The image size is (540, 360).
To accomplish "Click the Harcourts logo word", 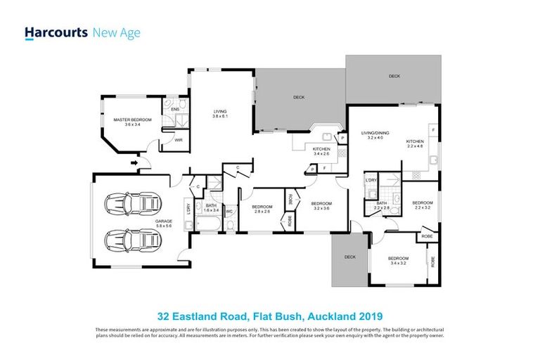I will point(56,32).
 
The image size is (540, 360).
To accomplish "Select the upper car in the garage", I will point(133,205).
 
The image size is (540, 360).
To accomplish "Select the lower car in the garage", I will point(133,239).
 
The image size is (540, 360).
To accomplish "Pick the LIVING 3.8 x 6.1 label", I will point(221,114).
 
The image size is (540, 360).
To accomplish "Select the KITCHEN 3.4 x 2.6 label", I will point(322,152).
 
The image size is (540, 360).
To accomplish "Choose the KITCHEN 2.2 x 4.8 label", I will point(416,143).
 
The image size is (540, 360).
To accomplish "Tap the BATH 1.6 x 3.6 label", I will point(212,209).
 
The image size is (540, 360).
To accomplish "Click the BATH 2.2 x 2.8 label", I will point(383,205).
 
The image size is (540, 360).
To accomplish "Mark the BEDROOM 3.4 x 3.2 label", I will point(399,261).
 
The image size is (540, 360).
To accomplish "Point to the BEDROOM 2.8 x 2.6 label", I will point(264,209).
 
